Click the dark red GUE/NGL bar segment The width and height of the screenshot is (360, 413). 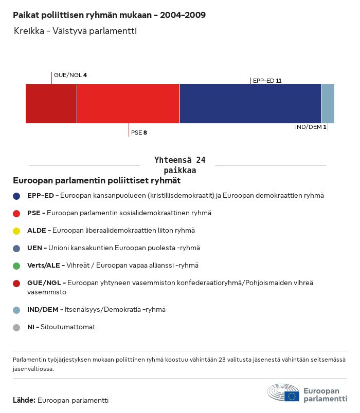pyautogui.click(x=51, y=104)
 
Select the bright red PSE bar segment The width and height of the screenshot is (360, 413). pyautogui.click(x=128, y=104)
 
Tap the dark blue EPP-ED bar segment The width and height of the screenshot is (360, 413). pyautogui.click(x=250, y=104)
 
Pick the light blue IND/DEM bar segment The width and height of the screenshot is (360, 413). pyautogui.click(x=328, y=104)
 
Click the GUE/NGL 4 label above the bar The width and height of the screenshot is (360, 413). pyautogui.click(x=70, y=75)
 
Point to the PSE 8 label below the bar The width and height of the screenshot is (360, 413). pyautogui.click(x=139, y=133)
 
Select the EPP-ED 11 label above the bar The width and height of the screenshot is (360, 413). pyautogui.click(x=267, y=81)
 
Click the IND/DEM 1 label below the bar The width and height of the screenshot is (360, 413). pyautogui.click(x=311, y=127)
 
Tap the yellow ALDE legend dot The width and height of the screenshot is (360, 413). pyautogui.click(x=16, y=231)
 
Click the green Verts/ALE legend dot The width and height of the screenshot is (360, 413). pyautogui.click(x=16, y=266)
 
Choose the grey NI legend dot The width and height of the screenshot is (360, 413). pyautogui.click(x=16, y=327)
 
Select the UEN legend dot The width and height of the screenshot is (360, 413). pyautogui.click(x=16, y=248)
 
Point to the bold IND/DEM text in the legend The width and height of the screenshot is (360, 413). pyautogui.click(x=43, y=310)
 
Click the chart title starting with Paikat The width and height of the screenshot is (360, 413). pyautogui.click(x=109, y=15)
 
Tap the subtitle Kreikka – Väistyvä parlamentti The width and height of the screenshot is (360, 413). pyautogui.click(x=75, y=31)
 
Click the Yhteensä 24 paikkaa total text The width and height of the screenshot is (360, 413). pyautogui.click(x=179, y=165)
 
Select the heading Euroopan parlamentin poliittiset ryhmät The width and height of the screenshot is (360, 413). pyautogui.click(x=97, y=181)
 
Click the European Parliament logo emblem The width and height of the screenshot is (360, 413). pyautogui.click(x=283, y=393)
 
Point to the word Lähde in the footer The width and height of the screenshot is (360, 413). pyautogui.click(x=24, y=400)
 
